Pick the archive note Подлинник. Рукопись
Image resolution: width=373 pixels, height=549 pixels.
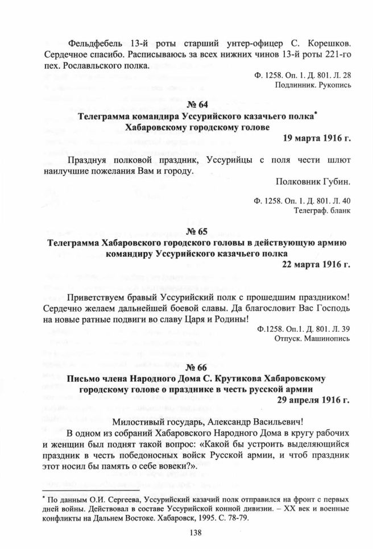(x=322, y=85)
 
